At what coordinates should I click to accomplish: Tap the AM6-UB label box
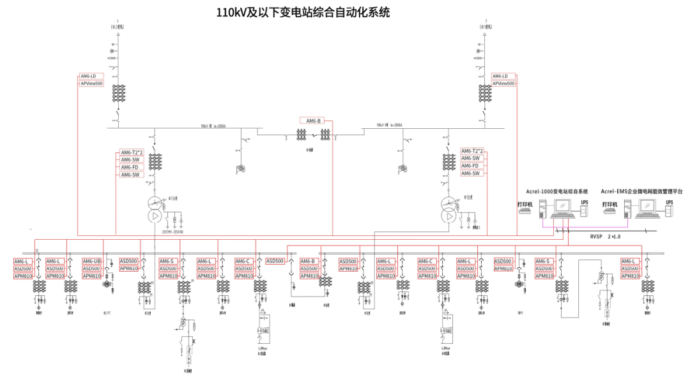(x=92, y=261)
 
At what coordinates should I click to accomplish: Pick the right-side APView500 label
(x=503, y=84)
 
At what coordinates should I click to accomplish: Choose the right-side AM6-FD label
(x=471, y=166)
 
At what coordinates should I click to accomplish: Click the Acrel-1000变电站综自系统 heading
(x=556, y=191)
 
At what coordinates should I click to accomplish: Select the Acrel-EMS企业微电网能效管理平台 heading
(x=641, y=191)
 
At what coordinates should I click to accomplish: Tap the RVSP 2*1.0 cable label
(x=605, y=236)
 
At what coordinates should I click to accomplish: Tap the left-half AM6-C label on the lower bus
(x=243, y=261)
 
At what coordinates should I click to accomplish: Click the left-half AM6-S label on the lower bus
(x=167, y=261)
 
